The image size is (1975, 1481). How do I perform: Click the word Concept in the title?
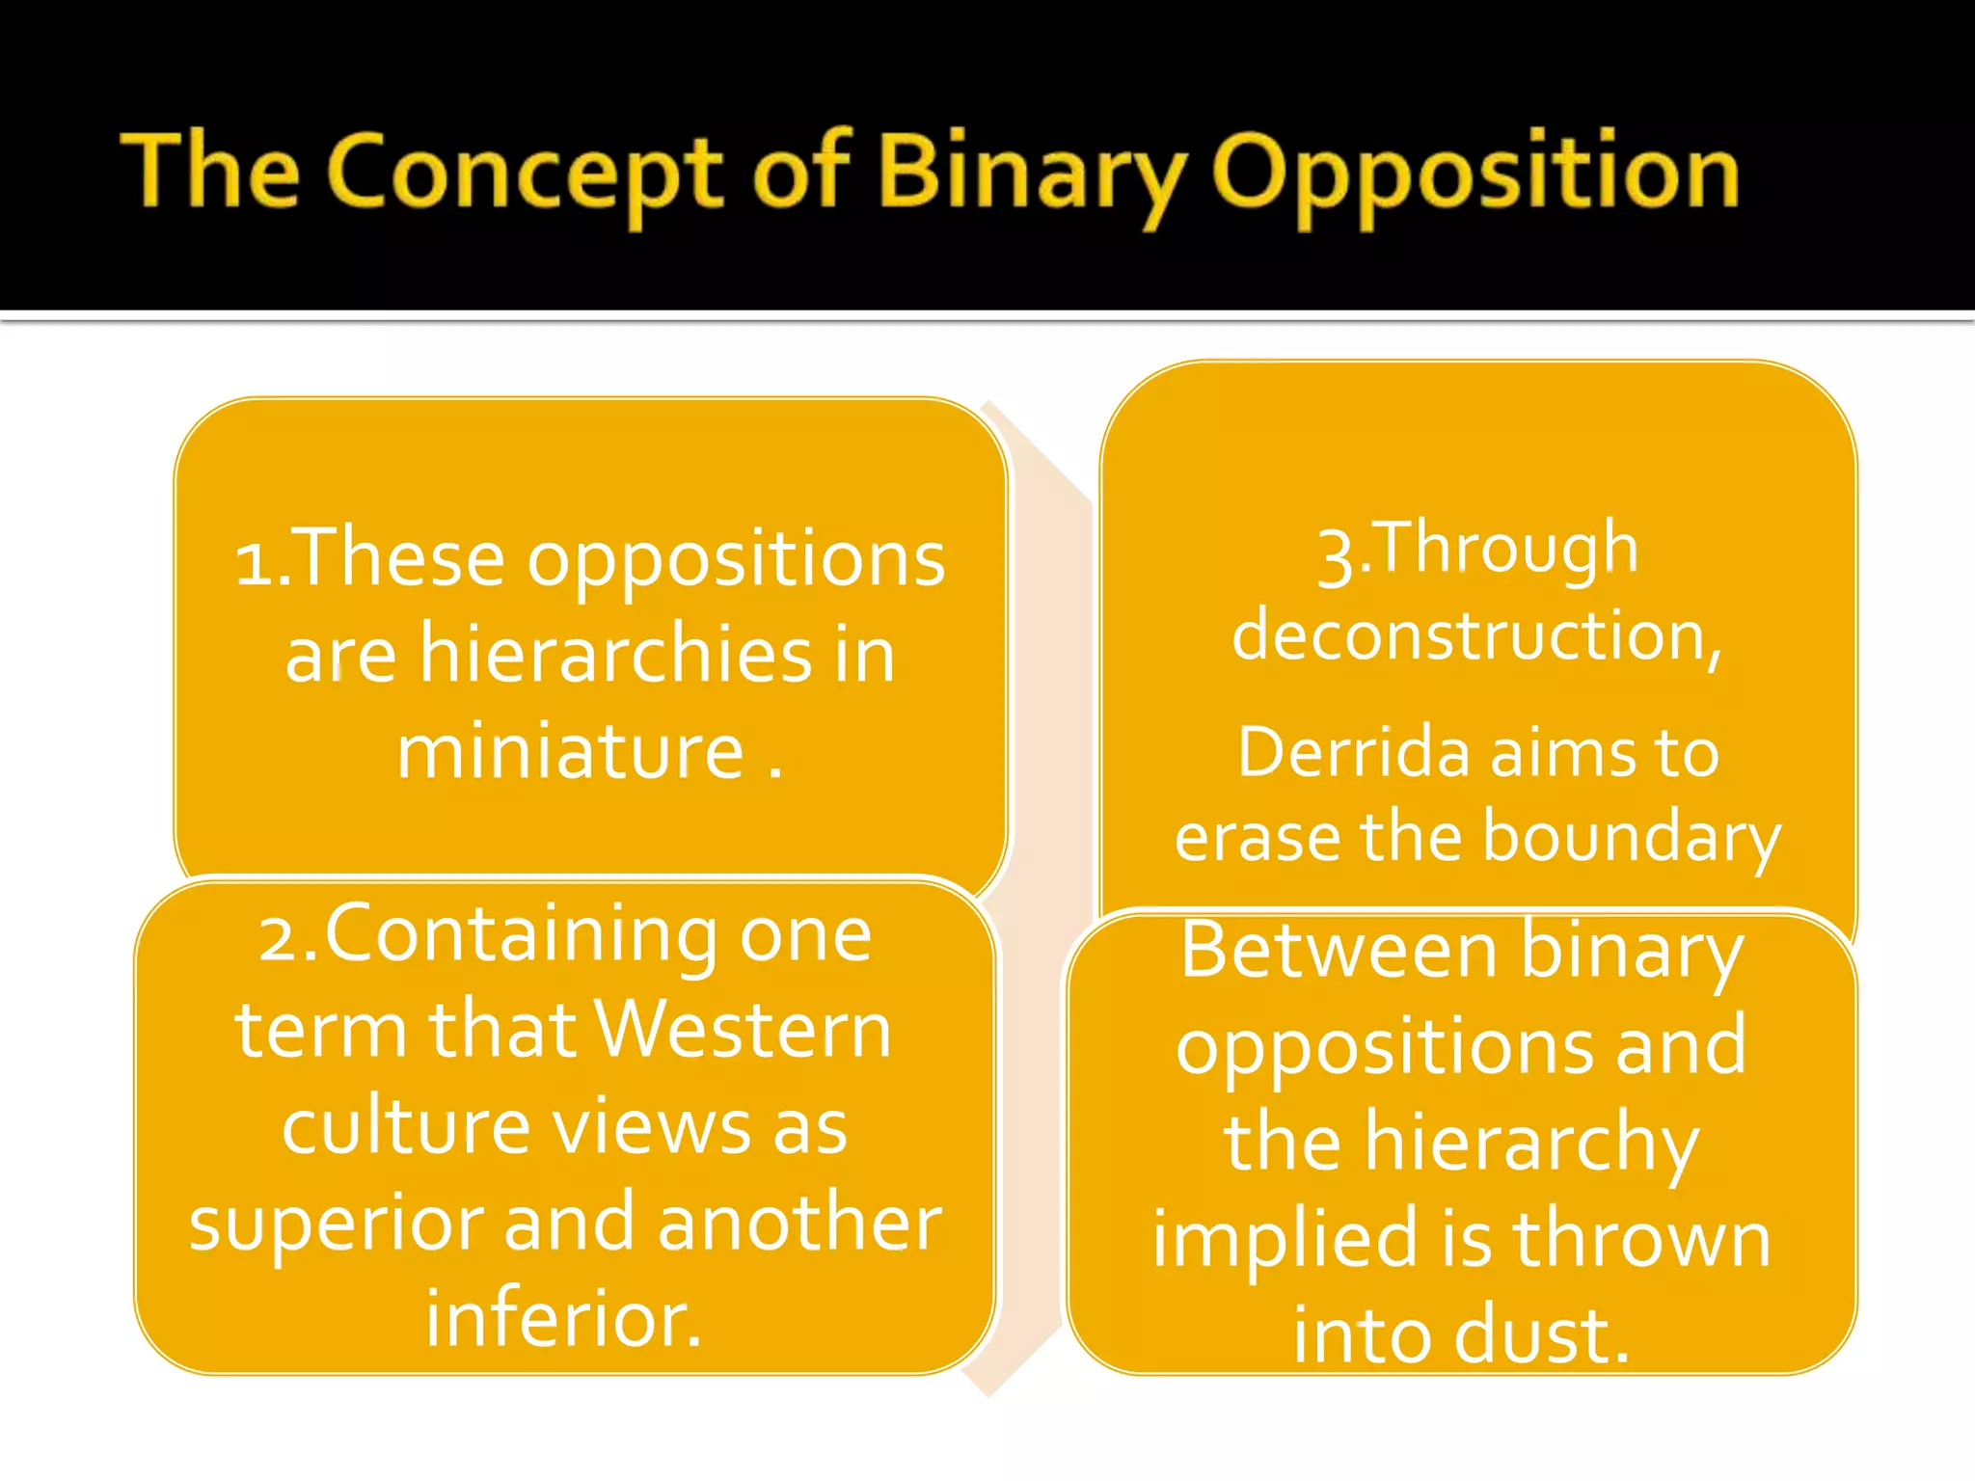pyautogui.click(x=524, y=174)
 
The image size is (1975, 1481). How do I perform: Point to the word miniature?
pyautogui.click(x=570, y=751)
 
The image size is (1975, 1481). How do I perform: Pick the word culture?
pyautogui.click(x=406, y=1126)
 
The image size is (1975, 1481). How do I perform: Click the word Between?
pyautogui.click(x=1339, y=951)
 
